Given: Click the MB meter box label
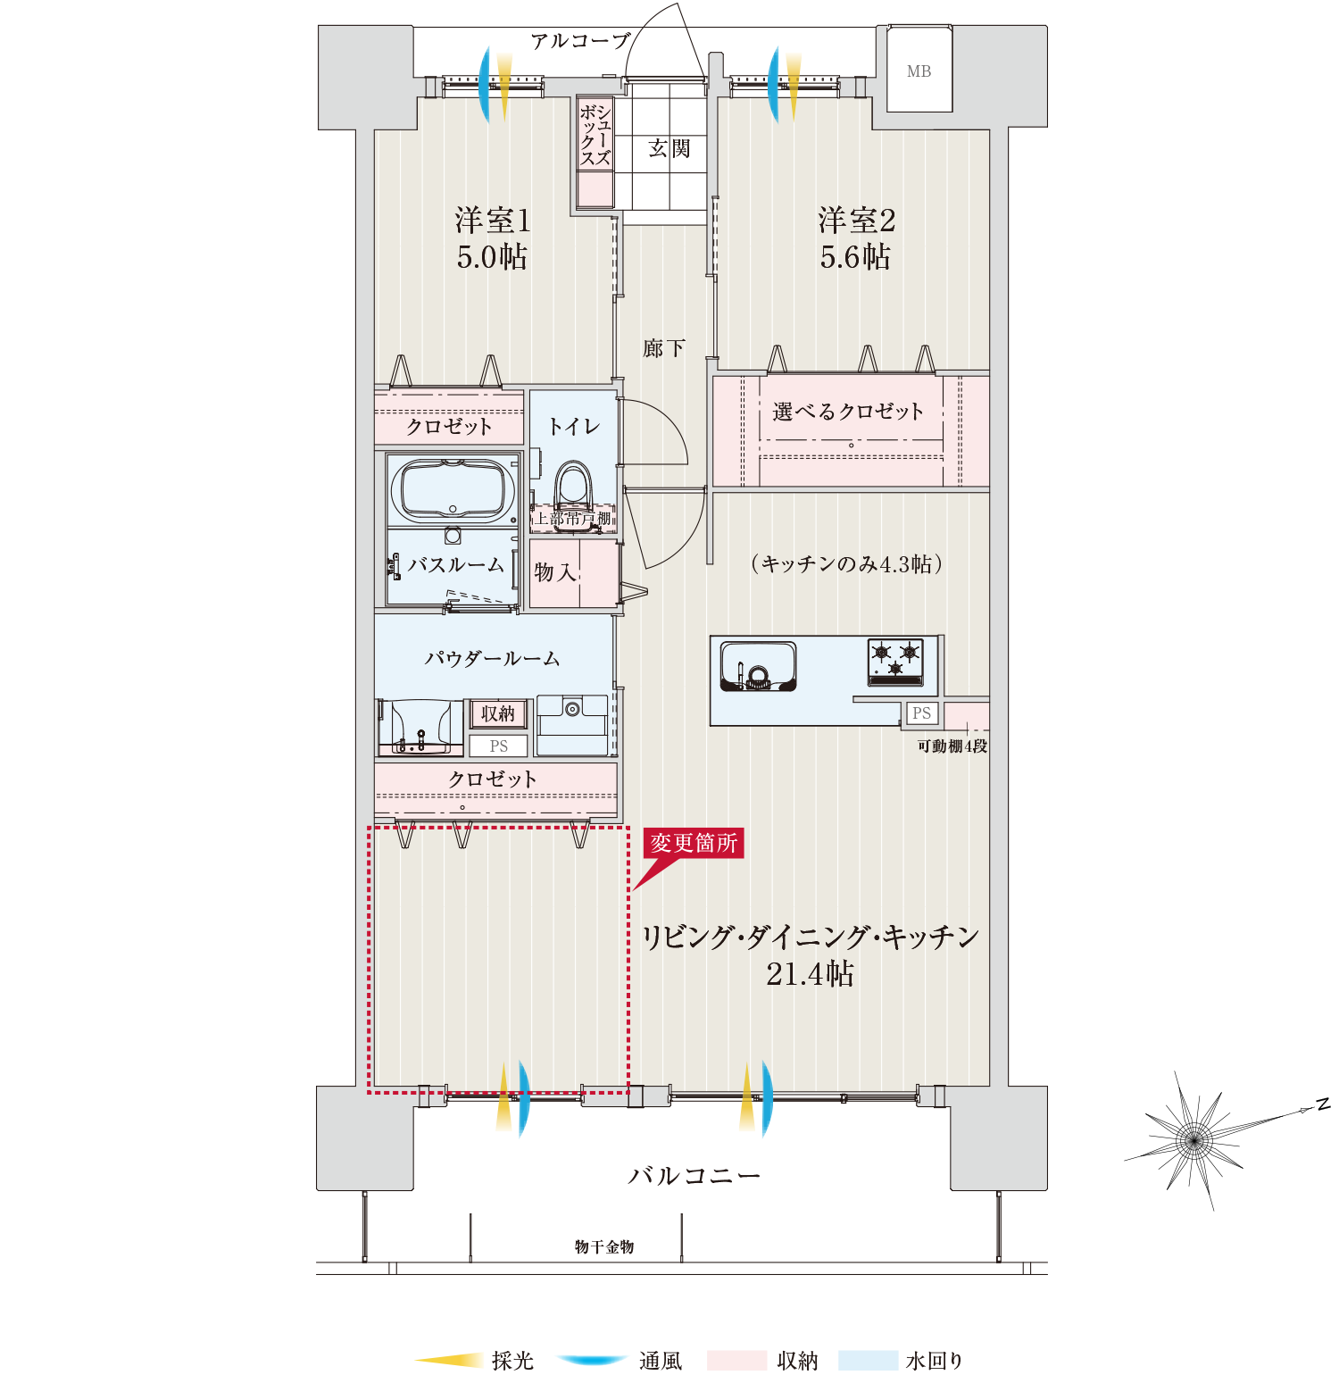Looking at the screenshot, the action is point(919,71).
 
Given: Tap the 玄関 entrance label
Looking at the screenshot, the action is point(669,148).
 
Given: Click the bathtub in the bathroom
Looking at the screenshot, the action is point(453,490).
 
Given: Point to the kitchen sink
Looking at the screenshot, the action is point(758,667).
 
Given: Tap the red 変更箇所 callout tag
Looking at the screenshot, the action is point(694,843).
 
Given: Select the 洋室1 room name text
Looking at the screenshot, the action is point(493,221).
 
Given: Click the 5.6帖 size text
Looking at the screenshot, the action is point(855,257).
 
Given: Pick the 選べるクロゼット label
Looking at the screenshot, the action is point(847,412).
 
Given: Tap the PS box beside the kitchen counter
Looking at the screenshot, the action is point(921,713).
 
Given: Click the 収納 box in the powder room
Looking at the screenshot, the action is point(498,713).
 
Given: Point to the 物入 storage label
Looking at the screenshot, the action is point(555,572).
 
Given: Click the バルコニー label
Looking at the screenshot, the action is point(694,1175).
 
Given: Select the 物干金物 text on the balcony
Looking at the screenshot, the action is point(604,1246).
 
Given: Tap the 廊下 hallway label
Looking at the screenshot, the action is point(663,348).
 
